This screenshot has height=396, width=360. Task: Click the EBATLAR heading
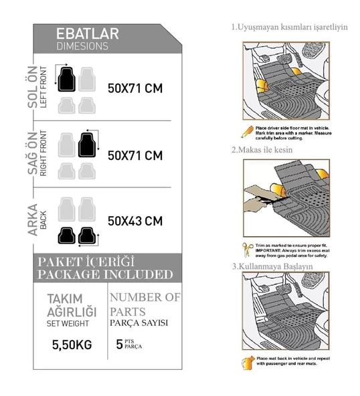(87, 34)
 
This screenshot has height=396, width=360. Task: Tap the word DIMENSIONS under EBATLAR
(82, 46)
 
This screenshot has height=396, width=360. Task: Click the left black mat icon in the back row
(66, 235)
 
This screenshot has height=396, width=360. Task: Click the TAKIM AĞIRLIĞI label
(71, 304)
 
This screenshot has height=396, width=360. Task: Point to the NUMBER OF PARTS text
(145, 302)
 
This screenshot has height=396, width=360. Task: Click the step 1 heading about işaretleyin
(289, 27)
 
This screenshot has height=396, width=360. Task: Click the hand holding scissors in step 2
(258, 196)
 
